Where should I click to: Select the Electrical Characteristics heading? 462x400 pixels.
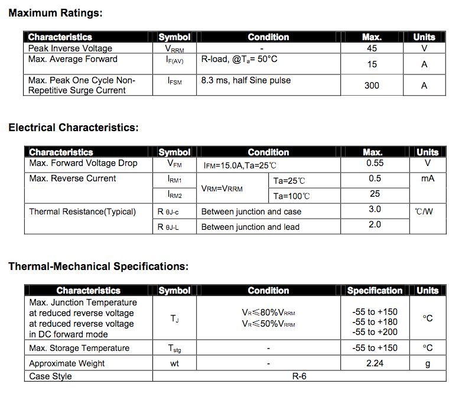point(73,128)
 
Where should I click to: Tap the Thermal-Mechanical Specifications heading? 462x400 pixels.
point(98,266)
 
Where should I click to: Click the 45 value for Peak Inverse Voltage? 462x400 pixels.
point(372,48)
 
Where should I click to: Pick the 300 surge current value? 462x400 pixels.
point(372,86)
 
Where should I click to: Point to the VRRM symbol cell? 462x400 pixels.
point(174,49)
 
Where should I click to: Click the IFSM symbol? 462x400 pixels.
point(174,81)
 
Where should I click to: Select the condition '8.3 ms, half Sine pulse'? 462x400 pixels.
point(246,80)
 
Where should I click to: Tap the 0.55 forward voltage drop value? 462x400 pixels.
point(375,163)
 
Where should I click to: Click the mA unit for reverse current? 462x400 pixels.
point(428,178)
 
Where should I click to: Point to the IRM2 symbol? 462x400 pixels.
point(174,194)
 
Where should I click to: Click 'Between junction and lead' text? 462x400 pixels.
point(250,227)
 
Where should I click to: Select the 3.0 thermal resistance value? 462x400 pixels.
point(375,209)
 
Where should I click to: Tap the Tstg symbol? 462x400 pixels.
point(174,349)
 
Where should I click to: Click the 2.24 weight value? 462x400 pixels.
point(375,363)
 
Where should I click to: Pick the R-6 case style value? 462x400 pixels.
point(299,376)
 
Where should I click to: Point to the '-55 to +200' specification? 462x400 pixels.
point(375,332)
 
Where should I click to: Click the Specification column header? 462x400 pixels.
point(375,291)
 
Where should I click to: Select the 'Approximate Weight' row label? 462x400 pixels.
point(67,363)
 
